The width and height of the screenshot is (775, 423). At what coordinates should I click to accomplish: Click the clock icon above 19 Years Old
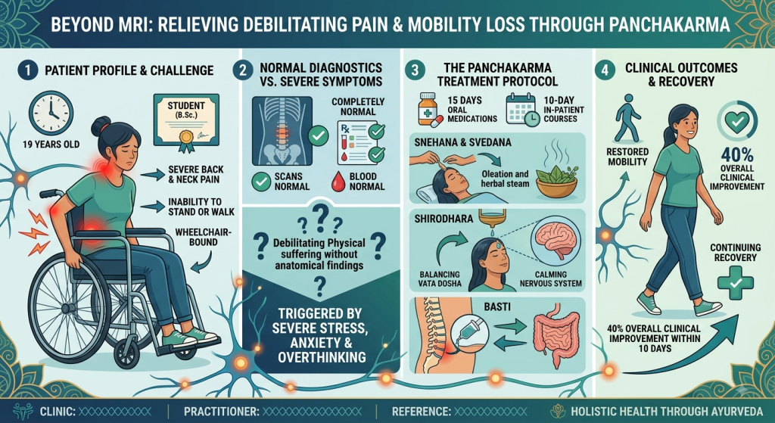pyautogui.click(x=51, y=114)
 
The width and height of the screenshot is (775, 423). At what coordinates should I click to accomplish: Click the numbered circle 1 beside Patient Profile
pyautogui.click(x=28, y=70)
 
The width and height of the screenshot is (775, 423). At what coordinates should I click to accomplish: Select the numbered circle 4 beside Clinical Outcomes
pyautogui.click(x=605, y=70)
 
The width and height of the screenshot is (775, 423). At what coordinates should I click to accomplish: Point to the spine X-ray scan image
pyautogui.click(x=282, y=131)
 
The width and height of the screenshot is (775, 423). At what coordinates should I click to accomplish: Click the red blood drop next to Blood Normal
pyautogui.click(x=338, y=182)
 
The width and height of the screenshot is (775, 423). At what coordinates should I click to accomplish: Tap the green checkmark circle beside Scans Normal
pyautogui.click(x=261, y=182)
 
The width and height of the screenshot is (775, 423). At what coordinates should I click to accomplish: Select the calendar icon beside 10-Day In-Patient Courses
pyautogui.click(x=522, y=110)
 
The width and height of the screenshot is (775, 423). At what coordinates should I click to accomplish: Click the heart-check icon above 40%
pyautogui.click(x=737, y=122)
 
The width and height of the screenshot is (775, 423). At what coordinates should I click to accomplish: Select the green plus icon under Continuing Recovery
pyautogui.click(x=736, y=283)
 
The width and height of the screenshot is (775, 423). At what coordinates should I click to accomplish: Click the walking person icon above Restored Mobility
pyautogui.click(x=627, y=119)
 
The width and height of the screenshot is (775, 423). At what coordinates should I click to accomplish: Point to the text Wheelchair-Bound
pyautogui.click(x=204, y=237)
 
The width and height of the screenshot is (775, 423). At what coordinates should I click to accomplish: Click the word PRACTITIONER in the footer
pyautogui.click(x=221, y=412)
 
